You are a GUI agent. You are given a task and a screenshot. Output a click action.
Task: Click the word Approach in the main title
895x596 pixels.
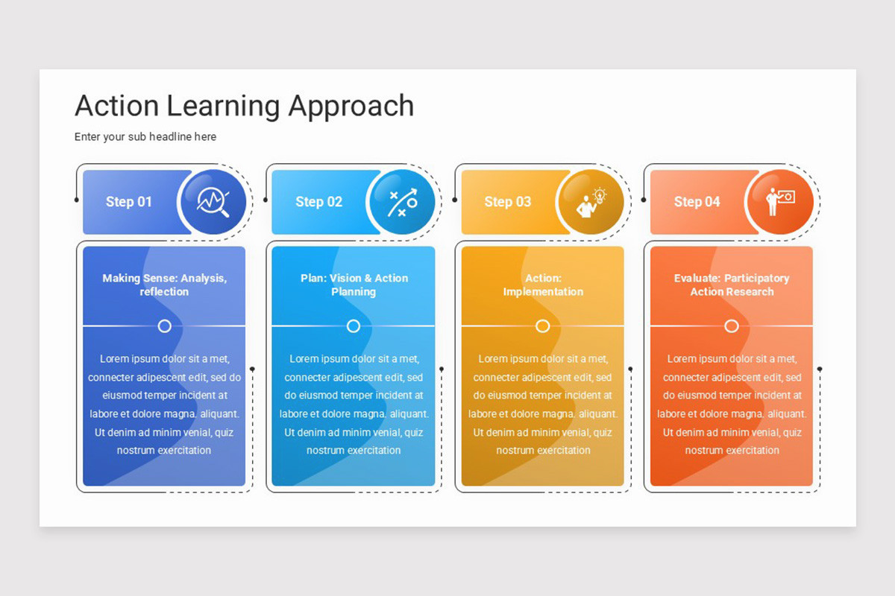pos(351,107)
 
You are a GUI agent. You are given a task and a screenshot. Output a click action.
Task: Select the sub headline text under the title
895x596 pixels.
pos(145,137)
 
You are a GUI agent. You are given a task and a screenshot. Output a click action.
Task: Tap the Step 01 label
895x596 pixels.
pos(129,202)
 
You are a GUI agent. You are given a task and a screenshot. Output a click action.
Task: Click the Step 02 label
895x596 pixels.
pos(318,202)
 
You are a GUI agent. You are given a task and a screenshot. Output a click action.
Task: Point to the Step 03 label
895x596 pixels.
pos(508,202)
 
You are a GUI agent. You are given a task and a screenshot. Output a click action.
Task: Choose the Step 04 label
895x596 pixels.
pos(697,202)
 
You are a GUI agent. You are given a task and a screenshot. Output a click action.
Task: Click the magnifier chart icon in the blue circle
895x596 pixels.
pos(213,202)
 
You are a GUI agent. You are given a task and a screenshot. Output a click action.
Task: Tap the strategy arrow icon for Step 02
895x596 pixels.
pos(402,202)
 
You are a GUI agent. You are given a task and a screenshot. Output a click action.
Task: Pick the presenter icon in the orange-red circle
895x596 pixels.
pos(780,202)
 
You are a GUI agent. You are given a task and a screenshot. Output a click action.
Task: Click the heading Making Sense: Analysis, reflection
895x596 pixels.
pos(164,285)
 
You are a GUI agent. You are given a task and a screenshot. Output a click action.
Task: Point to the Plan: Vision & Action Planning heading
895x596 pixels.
pos(354,285)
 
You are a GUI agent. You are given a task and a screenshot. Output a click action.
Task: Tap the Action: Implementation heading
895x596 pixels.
pos(543,285)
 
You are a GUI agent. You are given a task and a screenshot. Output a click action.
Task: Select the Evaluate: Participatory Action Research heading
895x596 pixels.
pos(732,285)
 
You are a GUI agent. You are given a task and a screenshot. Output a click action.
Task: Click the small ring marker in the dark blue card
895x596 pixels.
pos(165,326)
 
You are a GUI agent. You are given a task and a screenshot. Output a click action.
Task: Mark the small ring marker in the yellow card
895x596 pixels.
pos(543,326)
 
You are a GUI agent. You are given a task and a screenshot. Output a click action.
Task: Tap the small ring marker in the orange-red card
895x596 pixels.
pos(732,326)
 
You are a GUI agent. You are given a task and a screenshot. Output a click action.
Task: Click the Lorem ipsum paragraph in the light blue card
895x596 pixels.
pos(354,405)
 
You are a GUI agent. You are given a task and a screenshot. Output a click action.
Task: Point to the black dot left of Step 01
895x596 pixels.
pos(77,200)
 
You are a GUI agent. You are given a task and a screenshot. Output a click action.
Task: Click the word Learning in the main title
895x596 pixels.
pos(223,107)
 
